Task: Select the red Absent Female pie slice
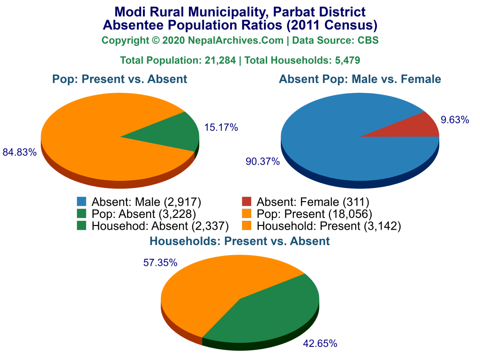(417, 127)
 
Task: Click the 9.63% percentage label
(455, 120)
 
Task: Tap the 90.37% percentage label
(262, 162)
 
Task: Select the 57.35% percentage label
(160, 263)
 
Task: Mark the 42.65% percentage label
(320, 344)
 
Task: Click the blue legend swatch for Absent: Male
(82, 202)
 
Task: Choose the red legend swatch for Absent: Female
(247, 202)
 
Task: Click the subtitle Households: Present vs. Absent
(240, 241)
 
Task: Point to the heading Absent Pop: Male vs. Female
(360, 79)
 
